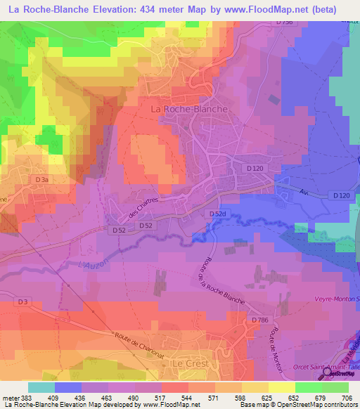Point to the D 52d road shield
click(x=217, y=213)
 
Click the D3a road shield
click(x=43, y=180)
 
